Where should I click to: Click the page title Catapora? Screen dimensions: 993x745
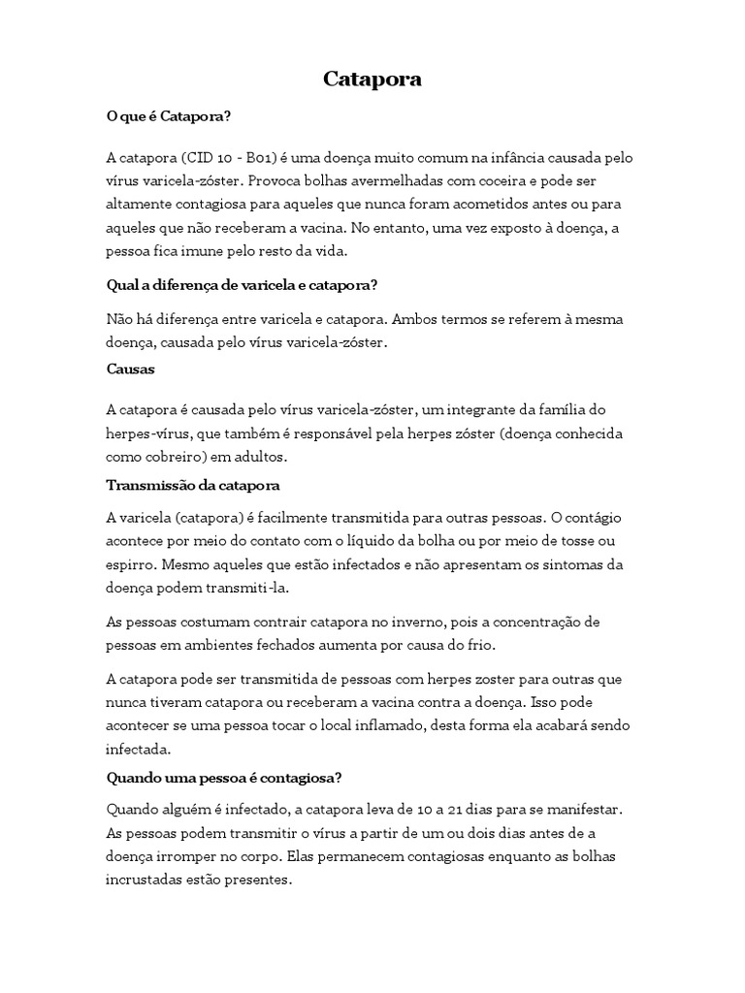[372, 80]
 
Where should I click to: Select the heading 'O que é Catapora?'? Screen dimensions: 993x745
[168, 116]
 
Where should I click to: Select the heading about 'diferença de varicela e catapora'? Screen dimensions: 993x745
[241, 285]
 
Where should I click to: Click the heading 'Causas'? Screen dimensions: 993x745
[130, 369]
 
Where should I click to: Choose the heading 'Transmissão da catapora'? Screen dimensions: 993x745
[193, 485]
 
